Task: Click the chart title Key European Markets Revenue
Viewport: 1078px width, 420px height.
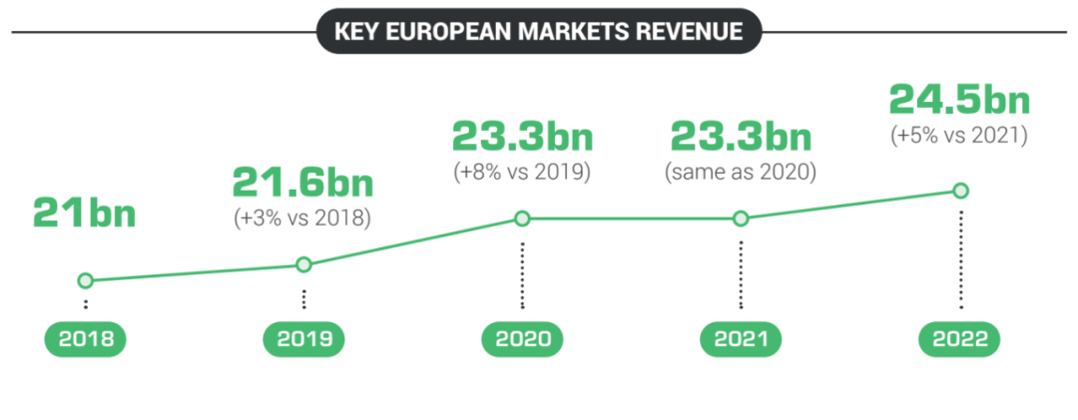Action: [539, 31]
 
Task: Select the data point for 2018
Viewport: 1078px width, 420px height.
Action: [86, 281]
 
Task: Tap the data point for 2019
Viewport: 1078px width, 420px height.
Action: [304, 264]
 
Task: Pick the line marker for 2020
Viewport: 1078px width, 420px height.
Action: [521, 218]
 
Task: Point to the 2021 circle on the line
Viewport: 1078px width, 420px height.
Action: [741, 218]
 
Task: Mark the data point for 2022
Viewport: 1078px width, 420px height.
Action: [960, 190]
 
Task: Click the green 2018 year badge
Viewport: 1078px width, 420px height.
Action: [86, 339]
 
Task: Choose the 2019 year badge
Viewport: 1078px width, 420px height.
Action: [304, 339]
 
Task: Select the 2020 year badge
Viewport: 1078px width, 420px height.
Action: [522, 339]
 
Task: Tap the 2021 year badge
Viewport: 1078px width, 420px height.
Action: [741, 339]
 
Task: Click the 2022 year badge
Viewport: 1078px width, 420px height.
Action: [960, 339]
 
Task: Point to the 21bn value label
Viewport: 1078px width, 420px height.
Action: [84, 213]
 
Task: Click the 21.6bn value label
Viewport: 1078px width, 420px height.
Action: [303, 183]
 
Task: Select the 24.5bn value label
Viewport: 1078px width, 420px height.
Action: [959, 100]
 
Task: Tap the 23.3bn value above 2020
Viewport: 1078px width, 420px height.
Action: [522, 135]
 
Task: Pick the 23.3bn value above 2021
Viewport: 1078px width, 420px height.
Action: [741, 135]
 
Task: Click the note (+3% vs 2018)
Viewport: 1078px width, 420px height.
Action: [303, 218]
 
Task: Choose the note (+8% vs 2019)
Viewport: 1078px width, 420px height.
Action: [522, 171]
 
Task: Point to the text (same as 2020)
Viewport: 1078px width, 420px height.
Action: [741, 171]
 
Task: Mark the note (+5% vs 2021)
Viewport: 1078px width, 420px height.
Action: [959, 135]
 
